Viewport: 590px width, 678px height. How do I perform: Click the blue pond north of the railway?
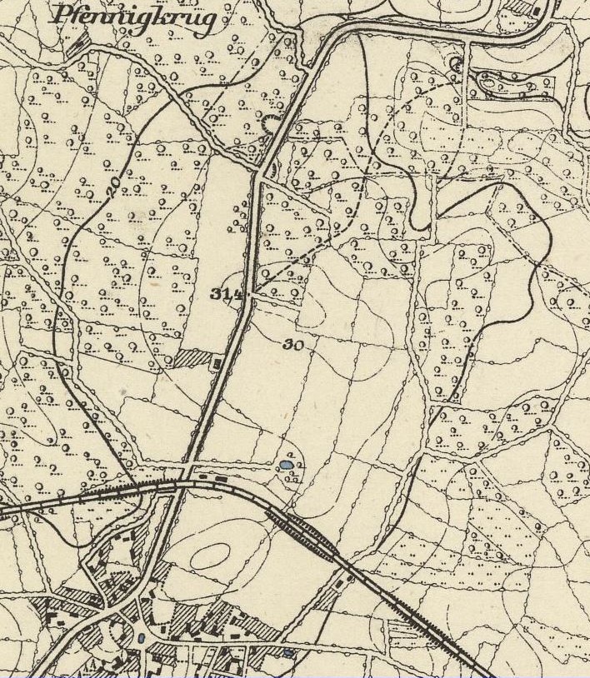(x=287, y=464)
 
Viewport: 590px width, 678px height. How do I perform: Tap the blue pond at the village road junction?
(x=141, y=638)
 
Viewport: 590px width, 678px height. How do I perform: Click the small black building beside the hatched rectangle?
(x=218, y=363)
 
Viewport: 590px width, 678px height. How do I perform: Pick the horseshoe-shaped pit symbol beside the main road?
(x=269, y=125)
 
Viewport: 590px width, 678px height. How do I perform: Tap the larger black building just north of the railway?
(x=221, y=479)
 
